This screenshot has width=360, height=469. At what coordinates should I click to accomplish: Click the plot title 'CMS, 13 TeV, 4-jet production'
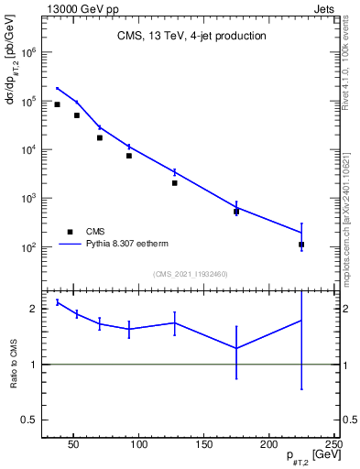191,37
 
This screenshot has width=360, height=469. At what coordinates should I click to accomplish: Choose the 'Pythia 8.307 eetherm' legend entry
128,245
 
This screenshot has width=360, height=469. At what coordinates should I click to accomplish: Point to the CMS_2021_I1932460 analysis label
191,274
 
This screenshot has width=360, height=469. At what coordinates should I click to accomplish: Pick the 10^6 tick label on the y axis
29,53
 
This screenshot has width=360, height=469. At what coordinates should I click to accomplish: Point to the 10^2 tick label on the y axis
29,247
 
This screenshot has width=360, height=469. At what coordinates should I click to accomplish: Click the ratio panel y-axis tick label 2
35,309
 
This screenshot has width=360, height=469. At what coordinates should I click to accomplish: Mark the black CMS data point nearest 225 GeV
301,245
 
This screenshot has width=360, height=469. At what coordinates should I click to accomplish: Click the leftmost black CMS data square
57,104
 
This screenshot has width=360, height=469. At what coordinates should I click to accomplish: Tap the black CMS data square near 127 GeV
174,183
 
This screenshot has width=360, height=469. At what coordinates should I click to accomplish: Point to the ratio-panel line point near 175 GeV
236,348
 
